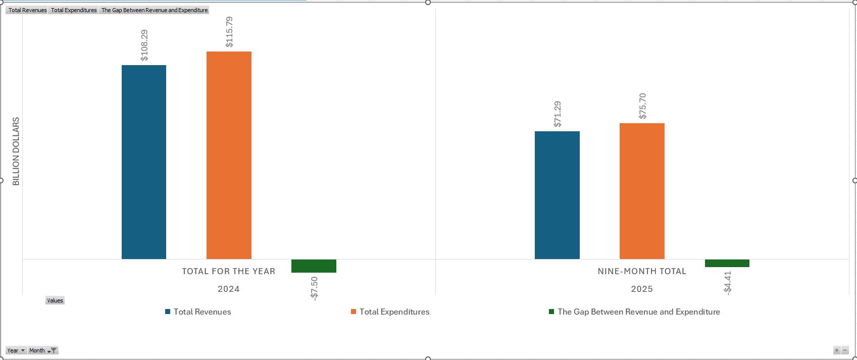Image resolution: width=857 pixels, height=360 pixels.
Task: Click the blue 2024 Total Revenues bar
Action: click(144, 162)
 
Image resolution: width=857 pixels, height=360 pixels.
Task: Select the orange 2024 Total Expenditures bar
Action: click(229, 155)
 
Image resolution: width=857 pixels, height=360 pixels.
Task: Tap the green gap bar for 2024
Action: click(314, 266)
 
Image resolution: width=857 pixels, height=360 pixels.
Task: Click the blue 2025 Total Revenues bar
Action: click(557, 195)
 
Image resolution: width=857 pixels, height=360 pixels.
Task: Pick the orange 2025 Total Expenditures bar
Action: click(642, 191)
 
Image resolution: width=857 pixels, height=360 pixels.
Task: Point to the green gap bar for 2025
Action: click(727, 263)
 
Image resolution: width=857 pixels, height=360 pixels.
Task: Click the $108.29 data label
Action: click(144, 45)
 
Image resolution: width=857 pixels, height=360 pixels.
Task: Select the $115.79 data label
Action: click(229, 32)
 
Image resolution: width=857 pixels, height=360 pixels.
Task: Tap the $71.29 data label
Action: click(558, 114)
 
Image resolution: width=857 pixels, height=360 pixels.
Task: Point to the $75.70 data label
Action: click(642, 106)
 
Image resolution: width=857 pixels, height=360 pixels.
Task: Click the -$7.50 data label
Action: click(314, 289)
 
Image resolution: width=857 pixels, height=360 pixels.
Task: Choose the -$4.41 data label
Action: click(727, 282)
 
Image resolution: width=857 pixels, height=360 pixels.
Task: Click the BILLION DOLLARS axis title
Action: click(16, 151)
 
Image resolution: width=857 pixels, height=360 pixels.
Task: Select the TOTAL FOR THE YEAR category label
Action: click(229, 272)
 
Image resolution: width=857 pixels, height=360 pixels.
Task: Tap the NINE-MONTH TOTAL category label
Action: click(642, 272)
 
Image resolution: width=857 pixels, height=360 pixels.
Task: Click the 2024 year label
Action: click(229, 289)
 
